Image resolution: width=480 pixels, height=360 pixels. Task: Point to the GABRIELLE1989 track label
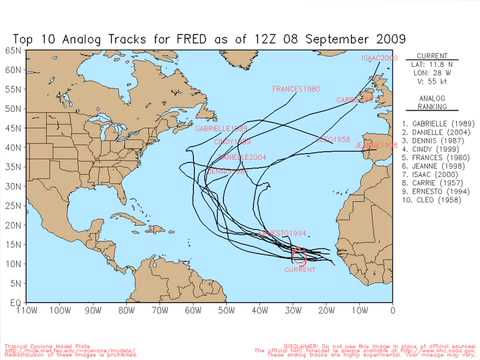point(221,128)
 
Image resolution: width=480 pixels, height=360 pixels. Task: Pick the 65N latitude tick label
point(13,49)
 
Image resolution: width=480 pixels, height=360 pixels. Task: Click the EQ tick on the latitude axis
point(15,301)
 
